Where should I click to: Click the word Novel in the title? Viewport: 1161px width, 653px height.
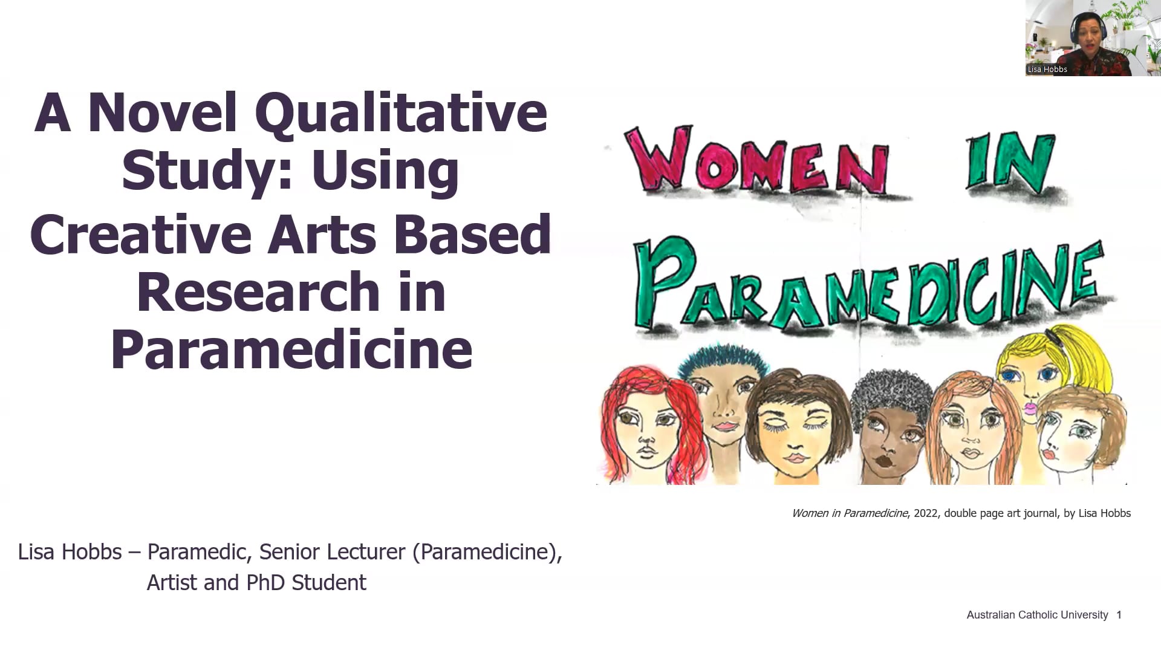pos(162,113)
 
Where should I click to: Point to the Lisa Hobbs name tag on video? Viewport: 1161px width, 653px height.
pos(1047,69)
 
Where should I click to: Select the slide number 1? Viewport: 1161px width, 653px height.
pos(1119,615)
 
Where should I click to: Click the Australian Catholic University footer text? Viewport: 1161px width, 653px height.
pos(1037,615)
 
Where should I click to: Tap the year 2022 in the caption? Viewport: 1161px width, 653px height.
pos(926,513)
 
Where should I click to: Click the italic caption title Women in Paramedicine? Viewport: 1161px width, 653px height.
pos(850,513)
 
